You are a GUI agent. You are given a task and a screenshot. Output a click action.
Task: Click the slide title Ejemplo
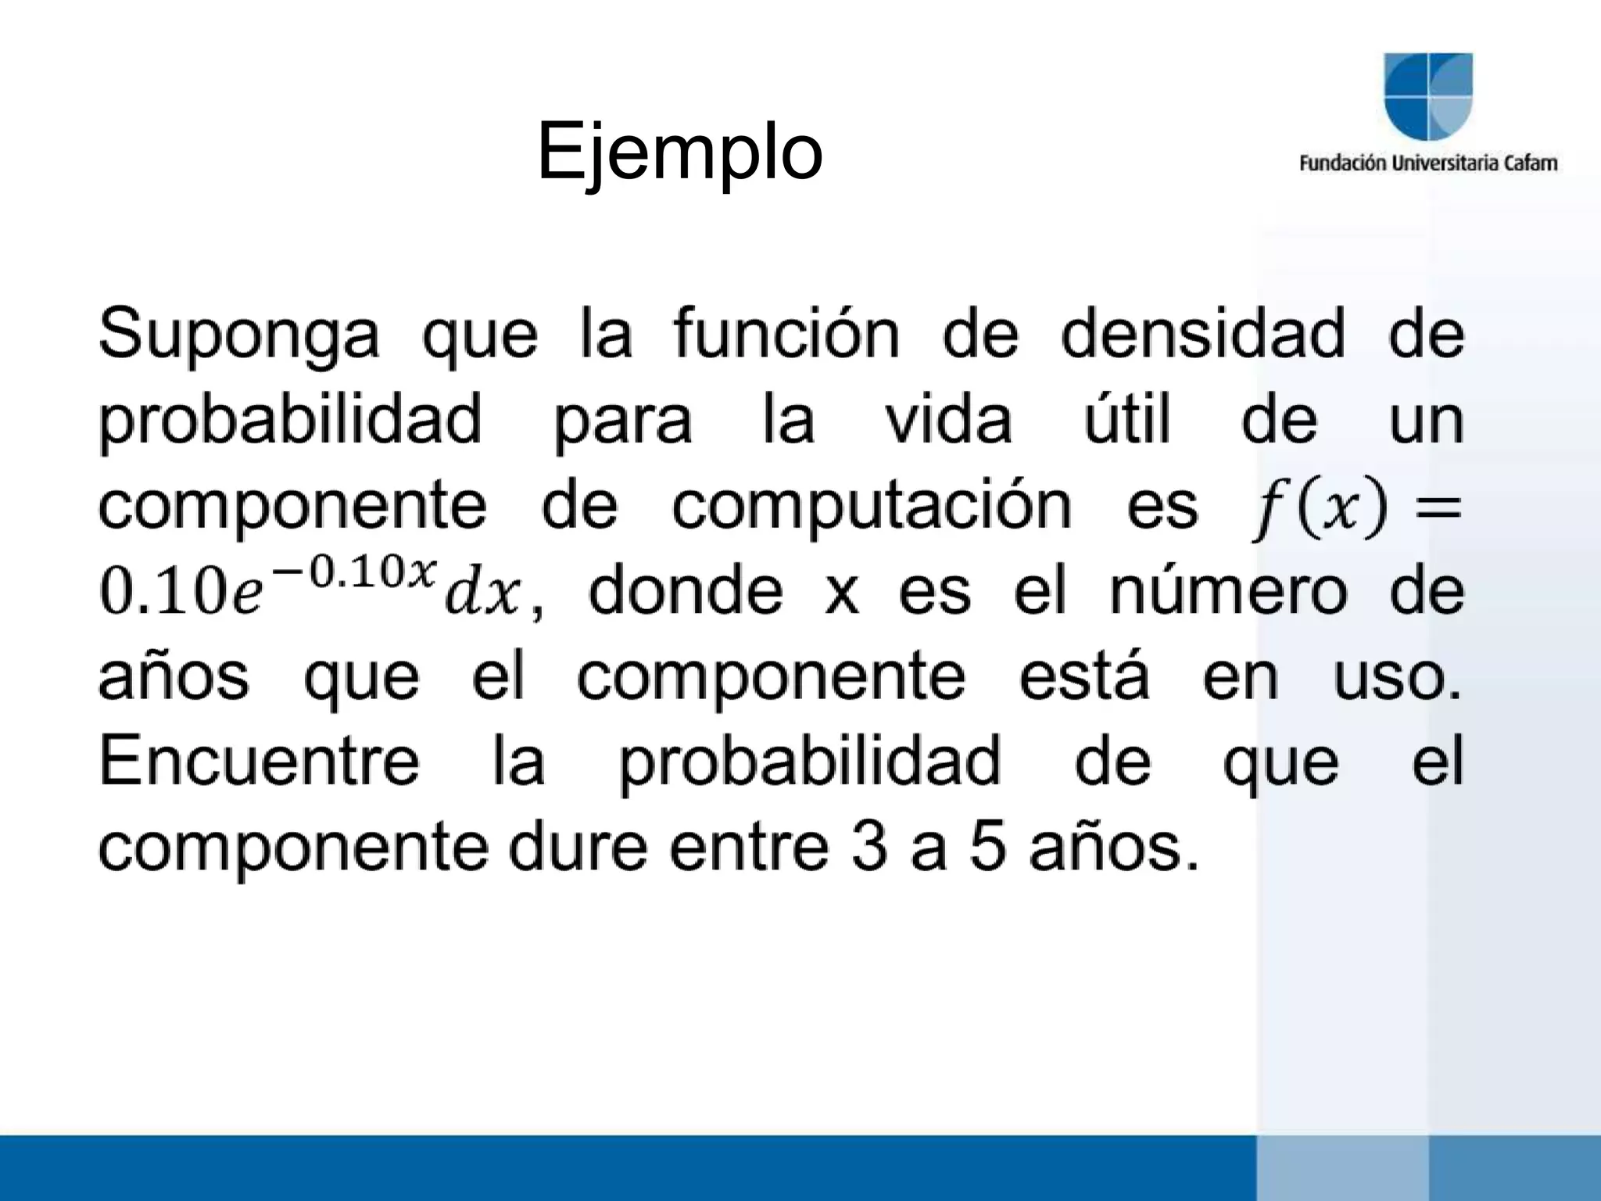[x=679, y=152]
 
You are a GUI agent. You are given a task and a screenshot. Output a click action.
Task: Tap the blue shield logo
[x=1427, y=97]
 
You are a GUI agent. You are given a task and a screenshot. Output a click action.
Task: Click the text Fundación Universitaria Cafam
[x=1427, y=163]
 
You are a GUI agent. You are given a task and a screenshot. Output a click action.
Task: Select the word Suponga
[x=238, y=335]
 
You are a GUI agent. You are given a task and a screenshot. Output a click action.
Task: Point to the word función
[x=786, y=334]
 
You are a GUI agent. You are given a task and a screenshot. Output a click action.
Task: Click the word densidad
[x=1202, y=334]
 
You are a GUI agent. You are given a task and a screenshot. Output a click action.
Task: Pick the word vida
[x=948, y=420]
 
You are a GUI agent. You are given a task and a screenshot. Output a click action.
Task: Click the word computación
[x=872, y=507]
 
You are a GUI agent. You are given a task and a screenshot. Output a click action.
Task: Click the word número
[x=1228, y=592]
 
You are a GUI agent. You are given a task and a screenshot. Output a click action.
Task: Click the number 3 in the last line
[x=870, y=848]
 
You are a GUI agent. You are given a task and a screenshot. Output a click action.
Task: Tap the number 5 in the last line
[x=987, y=848]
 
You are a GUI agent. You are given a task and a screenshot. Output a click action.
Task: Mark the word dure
[x=578, y=848]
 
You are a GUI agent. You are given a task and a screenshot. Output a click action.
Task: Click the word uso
[x=1396, y=677]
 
